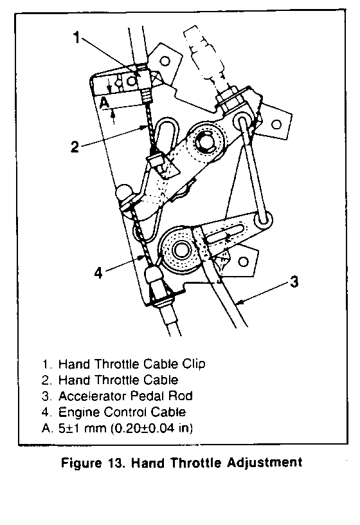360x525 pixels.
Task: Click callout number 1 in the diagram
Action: tap(77, 37)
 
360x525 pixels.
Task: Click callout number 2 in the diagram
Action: tap(75, 147)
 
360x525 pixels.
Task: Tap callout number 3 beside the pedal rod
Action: tap(294, 282)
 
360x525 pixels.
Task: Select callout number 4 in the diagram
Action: tap(98, 273)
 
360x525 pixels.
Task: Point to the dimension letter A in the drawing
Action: tap(105, 102)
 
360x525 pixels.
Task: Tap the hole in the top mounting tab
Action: tap(165, 61)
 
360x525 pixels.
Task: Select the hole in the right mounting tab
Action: tap(276, 125)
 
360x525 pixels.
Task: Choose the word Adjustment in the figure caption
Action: tap(265, 463)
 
